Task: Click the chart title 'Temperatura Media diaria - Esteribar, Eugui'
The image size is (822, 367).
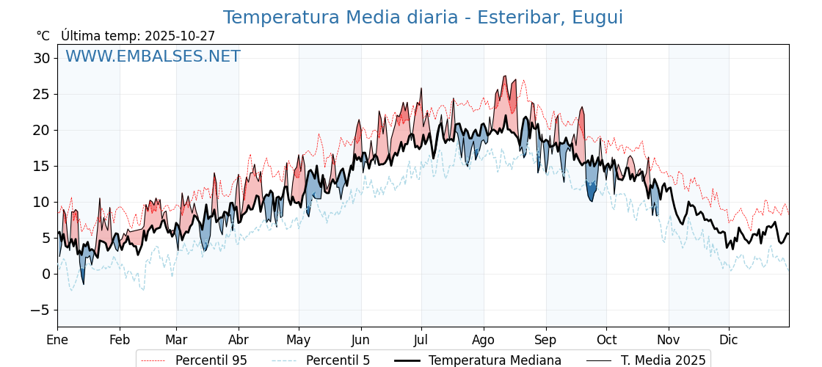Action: (423, 18)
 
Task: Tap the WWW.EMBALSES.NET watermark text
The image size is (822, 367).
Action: (153, 57)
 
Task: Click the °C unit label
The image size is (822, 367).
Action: (43, 36)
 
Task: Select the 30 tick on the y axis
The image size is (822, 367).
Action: (41, 58)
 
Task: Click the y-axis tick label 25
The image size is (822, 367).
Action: (41, 94)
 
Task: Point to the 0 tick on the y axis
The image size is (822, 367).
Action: (46, 274)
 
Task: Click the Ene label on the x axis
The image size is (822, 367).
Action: (57, 340)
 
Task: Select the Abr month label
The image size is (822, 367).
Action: (239, 340)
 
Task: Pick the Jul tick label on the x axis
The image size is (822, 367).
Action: (421, 340)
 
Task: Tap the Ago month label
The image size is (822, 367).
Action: (484, 340)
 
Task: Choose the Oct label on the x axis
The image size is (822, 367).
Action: (606, 340)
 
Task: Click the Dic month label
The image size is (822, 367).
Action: (729, 340)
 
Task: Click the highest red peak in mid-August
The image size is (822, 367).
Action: (505, 77)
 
